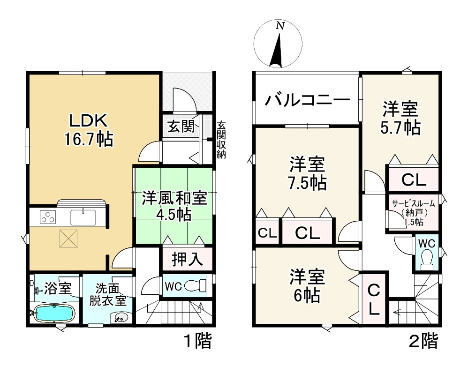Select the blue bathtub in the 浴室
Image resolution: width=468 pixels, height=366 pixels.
click(54, 313)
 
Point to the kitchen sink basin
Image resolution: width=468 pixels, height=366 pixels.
click(83, 217)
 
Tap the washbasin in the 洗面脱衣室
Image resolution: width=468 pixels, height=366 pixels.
click(121, 317)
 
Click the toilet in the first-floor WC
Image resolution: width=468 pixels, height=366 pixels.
click(195, 286)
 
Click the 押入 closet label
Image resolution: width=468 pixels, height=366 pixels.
click(188, 259)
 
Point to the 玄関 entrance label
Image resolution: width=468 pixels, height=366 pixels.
click(181, 127)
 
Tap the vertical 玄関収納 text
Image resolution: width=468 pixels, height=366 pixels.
click(221, 139)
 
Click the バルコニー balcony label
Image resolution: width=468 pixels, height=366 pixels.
click(308, 100)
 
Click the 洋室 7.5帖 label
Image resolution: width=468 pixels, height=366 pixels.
click(307, 173)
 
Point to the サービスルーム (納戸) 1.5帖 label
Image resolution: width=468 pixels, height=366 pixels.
click(414, 212)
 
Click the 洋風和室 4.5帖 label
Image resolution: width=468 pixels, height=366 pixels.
click(174, 206)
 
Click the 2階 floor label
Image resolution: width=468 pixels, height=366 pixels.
click(423, 341)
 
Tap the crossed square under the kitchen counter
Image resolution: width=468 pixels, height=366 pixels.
click(68, 238)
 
